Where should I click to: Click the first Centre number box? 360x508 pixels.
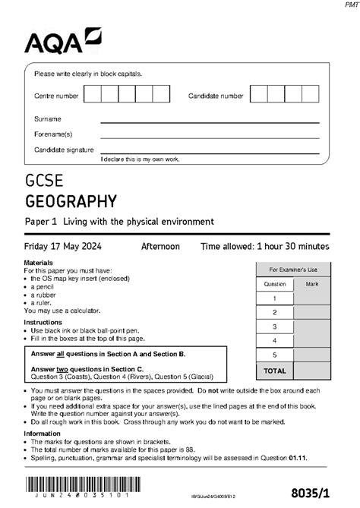(93, 94)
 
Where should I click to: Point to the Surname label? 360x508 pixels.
(47, 119)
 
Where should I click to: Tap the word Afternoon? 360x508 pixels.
(160, 247)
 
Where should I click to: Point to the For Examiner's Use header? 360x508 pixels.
(293, 270)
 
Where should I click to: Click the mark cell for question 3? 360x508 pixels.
(312, 327)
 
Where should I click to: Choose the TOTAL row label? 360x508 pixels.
(275, 371)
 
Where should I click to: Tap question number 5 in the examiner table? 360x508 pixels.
(275, 355)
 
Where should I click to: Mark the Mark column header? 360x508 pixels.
(312, 284)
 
